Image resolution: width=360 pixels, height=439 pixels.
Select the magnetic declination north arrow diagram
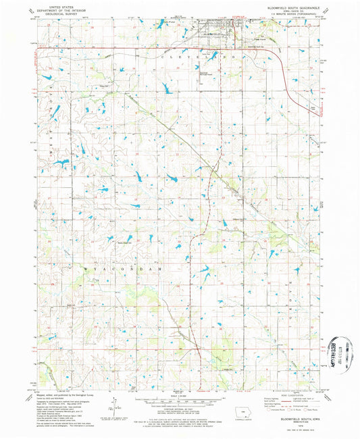(x=113, y=407)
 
